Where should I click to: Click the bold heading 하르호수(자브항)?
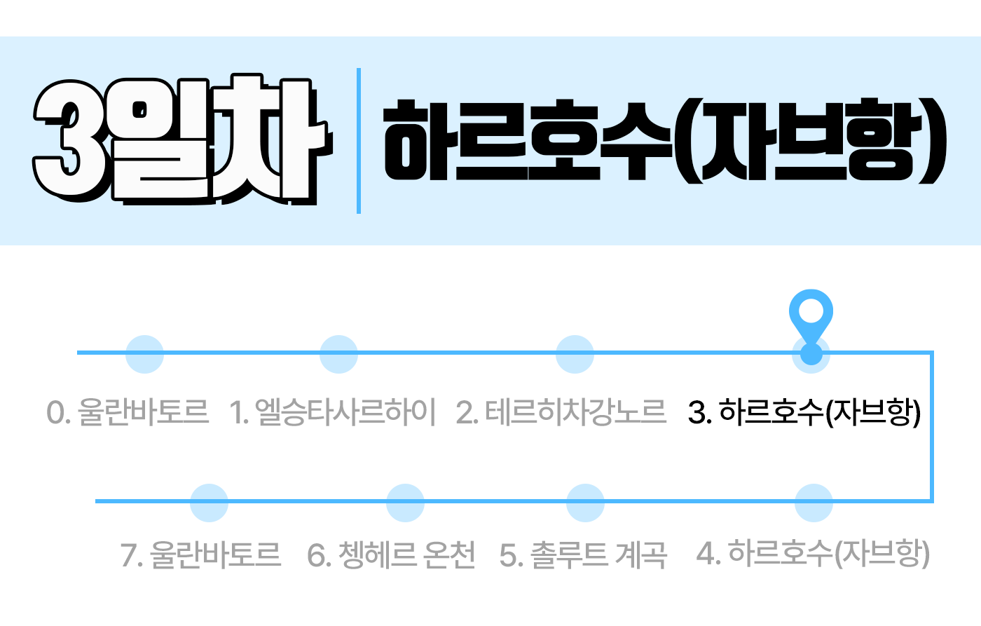tap(664, 141)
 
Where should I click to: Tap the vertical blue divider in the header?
tap(359, 141)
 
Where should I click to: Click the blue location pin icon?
tap(811, 319)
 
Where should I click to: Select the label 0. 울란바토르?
tap(128, 412)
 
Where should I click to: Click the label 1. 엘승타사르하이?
tap(333, 412)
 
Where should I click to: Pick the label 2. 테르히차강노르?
tap(561, 412)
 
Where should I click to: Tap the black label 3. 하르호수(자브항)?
tap(804, 412)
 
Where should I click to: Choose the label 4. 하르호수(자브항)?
tap(813, 554)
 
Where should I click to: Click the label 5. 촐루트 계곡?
tap(584, 555)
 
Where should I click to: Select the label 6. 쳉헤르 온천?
tap(391, 555)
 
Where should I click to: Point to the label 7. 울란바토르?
tap(201, 555)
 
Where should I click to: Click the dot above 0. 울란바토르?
tap(144, 354)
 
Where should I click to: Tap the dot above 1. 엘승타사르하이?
tap(338, 354)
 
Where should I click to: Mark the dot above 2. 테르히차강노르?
tap(575, 354)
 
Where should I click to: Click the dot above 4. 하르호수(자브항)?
tap(814, 503)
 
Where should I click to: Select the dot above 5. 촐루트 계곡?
tap(585, 503)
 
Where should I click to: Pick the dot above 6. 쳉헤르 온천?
tap(405, 503)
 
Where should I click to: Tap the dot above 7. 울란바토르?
tap(209, 503)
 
